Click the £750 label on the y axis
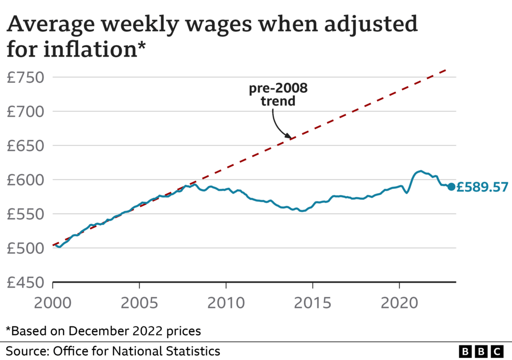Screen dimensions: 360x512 (x=26, y=78)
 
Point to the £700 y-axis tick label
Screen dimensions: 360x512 (x=26, y=112)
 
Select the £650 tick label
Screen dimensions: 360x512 (x=26, y=146)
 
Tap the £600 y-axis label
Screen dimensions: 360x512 (x=26, y=180)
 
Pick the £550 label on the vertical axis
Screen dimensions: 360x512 (x=26, y=214)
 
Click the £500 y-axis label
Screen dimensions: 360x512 (x=26, y=248)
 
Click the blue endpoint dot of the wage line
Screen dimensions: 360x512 (x=451, y=186)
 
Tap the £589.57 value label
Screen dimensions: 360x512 (x=482, y=187)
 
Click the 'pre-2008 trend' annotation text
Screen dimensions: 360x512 (x=278, y=95)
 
